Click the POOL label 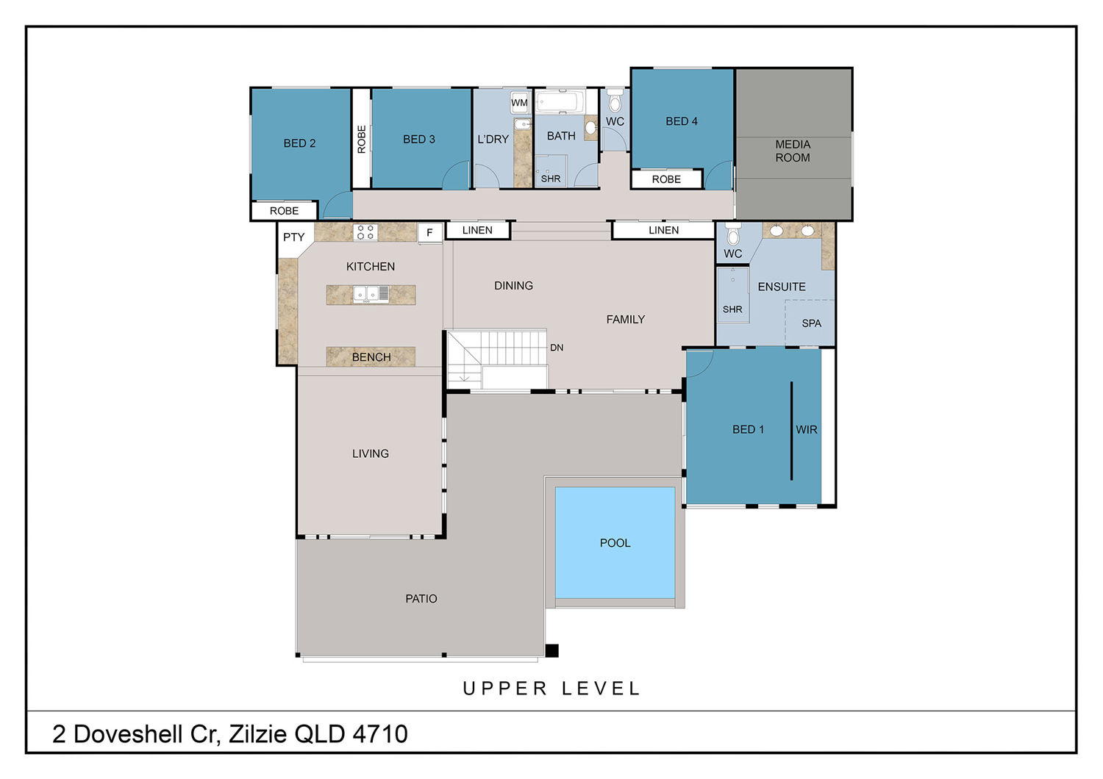click(x=615, y=543)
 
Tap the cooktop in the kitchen click(x=365, y=232)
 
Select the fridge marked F click(x=429, y=233)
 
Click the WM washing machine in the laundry click(x=519, y=102)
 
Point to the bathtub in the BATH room click(x=560, y=102)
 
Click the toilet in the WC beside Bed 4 click(x=615, y=101)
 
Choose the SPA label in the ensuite click(x=812, y=323)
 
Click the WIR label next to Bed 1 click(x=807, y=430)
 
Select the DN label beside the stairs click(x=557, y=348)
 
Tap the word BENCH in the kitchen click(x=371, y=357)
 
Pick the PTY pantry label click(x=294, y=237)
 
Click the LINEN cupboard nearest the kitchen click(x=477, y=230)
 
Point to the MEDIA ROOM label click(x=793, y=151)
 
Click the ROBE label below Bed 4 click(x=666, y=179)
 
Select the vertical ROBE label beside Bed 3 click(x=362, y=140)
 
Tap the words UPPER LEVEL click(x=551, y=689)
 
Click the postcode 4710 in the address click(x=380, y=733)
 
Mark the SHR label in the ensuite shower click(x=732, y=309)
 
